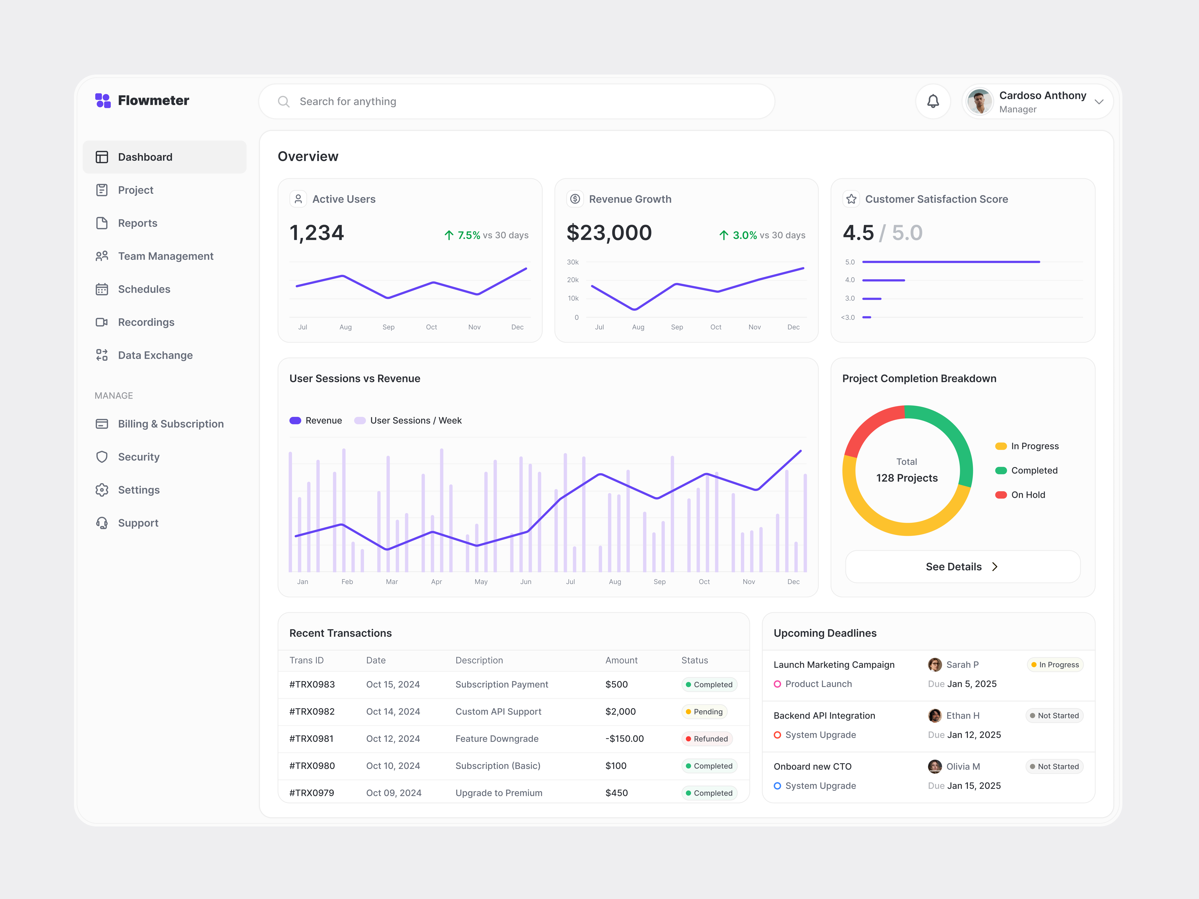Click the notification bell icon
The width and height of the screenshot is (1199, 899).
[x=933, y=101]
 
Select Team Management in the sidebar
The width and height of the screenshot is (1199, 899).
[x=165, y=256]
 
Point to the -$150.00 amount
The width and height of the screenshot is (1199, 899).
[x=624, y=739]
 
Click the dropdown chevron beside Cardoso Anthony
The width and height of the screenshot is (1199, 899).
[x=1099, y=102]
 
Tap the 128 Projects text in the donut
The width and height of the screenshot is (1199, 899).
[x=907, y=478]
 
